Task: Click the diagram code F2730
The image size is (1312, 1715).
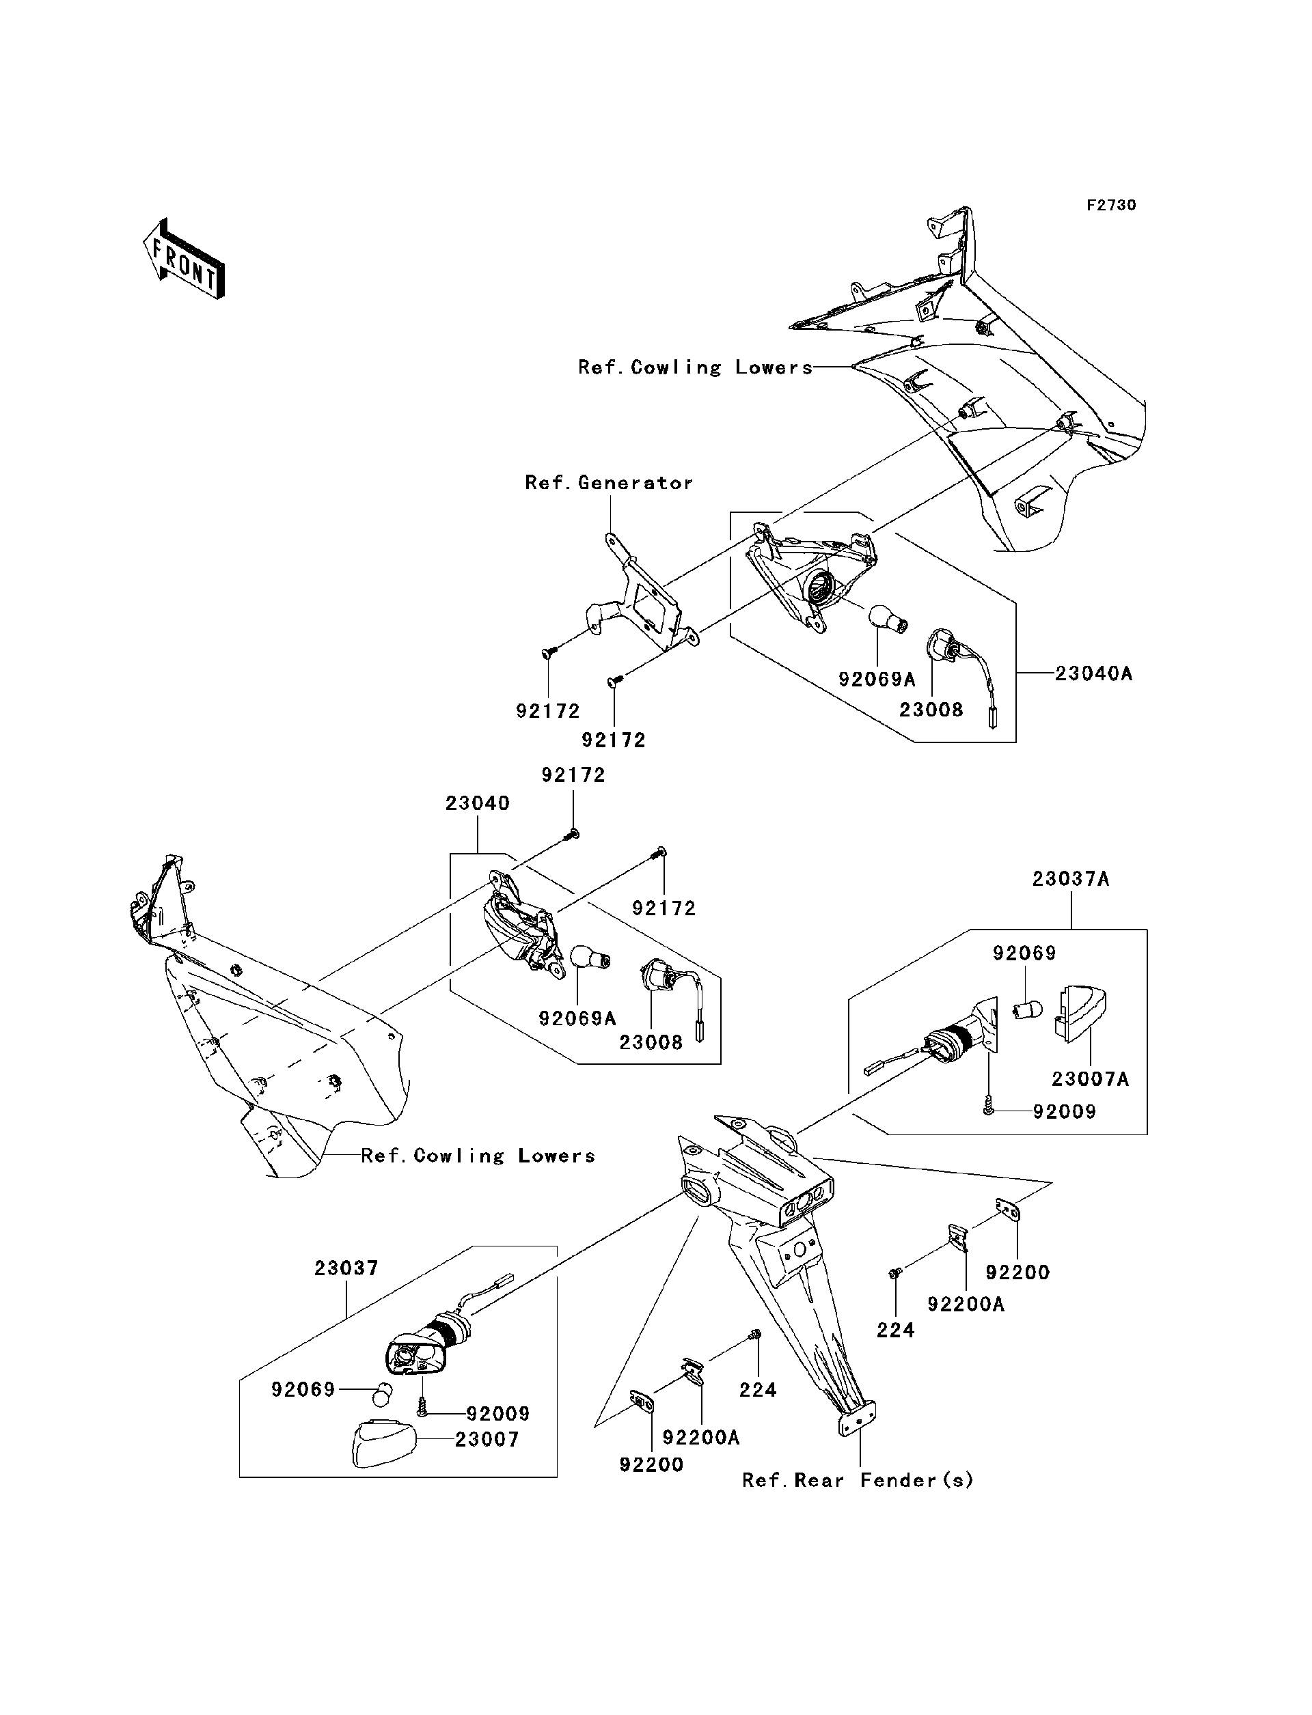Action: click(x=1110, y=206)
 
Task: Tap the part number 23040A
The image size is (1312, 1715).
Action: click(x=1093, y=673)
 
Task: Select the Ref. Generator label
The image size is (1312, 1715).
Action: click(x=608, y=483)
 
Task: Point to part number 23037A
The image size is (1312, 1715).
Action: click(x=1070, y=879)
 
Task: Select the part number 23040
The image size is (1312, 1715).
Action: click(x=477, y=803)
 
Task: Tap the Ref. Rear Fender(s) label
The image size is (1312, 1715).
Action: click(x=858, y=1480)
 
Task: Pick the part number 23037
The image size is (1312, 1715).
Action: click(x=346, y=1268)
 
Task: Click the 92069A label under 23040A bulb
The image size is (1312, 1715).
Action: click(x=876, y=680)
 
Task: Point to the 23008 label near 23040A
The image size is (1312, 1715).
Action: click(x=931, y=710)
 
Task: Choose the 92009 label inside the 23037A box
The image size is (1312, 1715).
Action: click(x=1064, y=1112)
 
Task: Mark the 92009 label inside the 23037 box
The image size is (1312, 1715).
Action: click(x=497, y=1414)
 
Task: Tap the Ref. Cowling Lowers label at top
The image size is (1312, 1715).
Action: click(x=695, y=367)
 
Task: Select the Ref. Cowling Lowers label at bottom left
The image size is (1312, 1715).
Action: click(x=477, y=1156)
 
